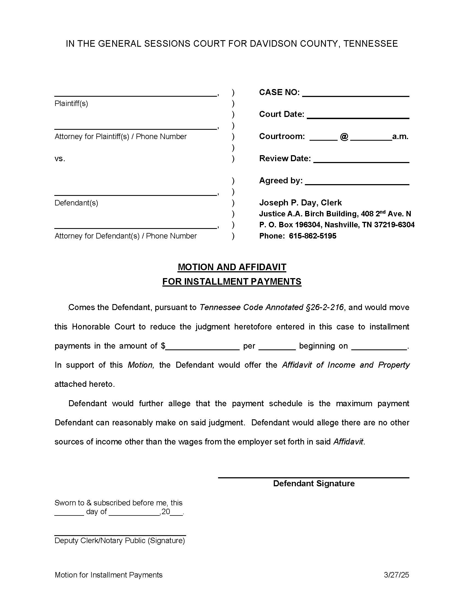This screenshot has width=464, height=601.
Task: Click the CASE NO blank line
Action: [x=355, y=95]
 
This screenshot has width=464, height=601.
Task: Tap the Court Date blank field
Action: [x=358, y=116]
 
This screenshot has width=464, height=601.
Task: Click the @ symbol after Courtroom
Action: [x=344, y=137]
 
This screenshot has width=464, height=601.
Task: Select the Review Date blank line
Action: [x=361, y=161]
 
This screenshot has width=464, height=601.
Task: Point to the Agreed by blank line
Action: [x=357, y=183]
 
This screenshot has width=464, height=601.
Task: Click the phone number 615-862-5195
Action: [x=313, y=236]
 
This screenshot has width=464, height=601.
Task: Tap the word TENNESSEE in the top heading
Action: [x=370, y=44]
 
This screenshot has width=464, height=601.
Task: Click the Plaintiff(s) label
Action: [x=71, y=104]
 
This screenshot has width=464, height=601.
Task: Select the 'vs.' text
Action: [x=60, y=159]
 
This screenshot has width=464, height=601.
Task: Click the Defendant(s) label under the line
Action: [x=76, y=203]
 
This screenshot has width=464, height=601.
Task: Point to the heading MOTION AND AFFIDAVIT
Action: [x=232, y=267]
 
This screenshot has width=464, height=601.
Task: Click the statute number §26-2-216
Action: [x=325, y=307]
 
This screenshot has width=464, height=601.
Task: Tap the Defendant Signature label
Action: [x=314, y=484]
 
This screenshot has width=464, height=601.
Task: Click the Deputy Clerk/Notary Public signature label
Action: [x=120, y=540]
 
